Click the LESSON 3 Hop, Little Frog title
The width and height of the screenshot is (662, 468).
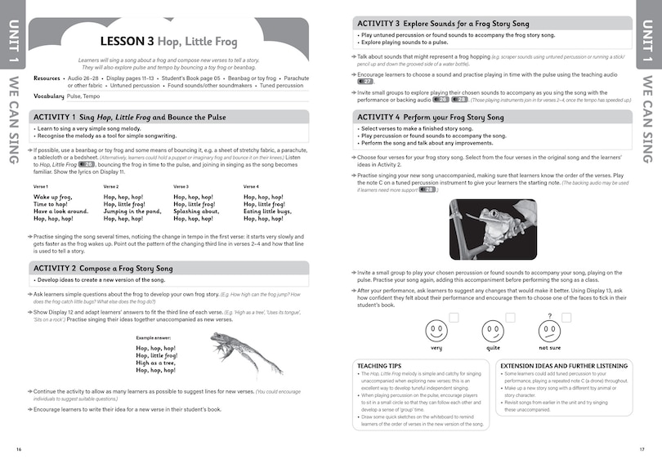tap(169, 40)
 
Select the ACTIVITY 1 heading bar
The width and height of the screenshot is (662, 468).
tap(169, 118)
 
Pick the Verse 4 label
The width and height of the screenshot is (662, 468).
tap(251, 186)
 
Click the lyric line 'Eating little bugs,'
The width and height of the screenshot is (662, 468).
tap(268, 212)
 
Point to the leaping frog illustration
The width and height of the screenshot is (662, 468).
tap(246, 350)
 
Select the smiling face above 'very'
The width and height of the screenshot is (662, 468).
tap(436, 332)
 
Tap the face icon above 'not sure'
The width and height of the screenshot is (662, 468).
tap(549, 332)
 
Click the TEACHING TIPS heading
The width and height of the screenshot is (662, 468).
tap(383, 365)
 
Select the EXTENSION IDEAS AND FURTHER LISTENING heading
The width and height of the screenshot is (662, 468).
tap(561, 365)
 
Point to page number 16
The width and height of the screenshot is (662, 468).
tap(19, 448)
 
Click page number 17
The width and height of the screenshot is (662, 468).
tap(642, 448)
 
